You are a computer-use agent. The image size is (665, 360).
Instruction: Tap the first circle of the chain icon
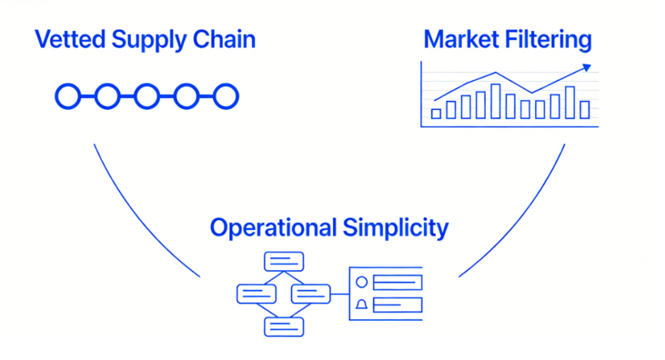[x=68, y=97]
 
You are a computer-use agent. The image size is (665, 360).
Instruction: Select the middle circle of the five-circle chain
[x=147, y=97]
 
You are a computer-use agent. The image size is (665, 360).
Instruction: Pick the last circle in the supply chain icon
[x=226, y=97]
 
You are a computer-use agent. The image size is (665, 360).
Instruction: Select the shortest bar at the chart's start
[x=436, y=114]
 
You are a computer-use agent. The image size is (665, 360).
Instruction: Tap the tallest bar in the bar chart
[x=496, y=101]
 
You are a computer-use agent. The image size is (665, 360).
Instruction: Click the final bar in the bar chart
[x=584, y=109]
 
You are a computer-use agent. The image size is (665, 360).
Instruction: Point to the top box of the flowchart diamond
[x=284, y=261]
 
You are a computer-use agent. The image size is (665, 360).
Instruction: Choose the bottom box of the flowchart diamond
[x=284, y=326]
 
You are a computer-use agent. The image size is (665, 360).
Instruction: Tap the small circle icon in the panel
[x=362, y=282]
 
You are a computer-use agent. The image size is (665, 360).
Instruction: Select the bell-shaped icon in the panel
[x=362, y=304]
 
